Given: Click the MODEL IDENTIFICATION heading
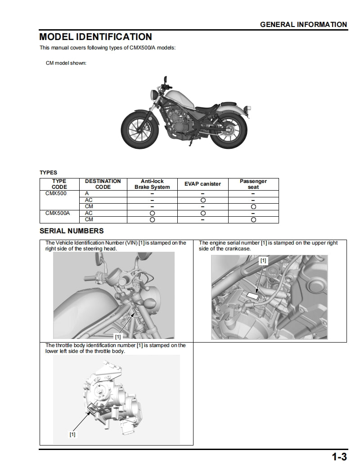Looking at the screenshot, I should pyautogui.click(x=95, y=37).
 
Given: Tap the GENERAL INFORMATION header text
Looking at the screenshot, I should pyautogui.click(x=303, y=25).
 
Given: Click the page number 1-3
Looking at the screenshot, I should pyautogui.click(x=339, y=458).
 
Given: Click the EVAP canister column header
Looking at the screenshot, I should pyautogui.click(x=203, y=184).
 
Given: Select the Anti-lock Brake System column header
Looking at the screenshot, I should pyautogui.click(x=152, y=184).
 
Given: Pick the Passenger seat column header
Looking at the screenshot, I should pyautogui.click(x=253, y=184).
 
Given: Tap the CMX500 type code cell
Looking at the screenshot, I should pyautogui.click(x=56, y=193).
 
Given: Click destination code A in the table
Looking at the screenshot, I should pyautogui.click(x=87, y=193).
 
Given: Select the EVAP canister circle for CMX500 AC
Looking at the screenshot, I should pyautogui.click(x=203, y=200).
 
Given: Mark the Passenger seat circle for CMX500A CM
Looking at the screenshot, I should pyautogui.click(x=253, y=219).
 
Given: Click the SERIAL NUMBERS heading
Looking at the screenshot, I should pyautogui.click(x=72, y=231).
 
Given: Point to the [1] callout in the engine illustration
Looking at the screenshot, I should pyautogui.click(x=263, y=260).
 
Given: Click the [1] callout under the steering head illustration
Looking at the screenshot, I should pyautogui.click(x=118, y=336).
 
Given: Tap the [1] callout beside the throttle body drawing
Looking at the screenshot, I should pyautogui.click(x=72, y=434).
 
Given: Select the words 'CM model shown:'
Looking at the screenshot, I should pyautogui.click(x=66, y=63).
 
